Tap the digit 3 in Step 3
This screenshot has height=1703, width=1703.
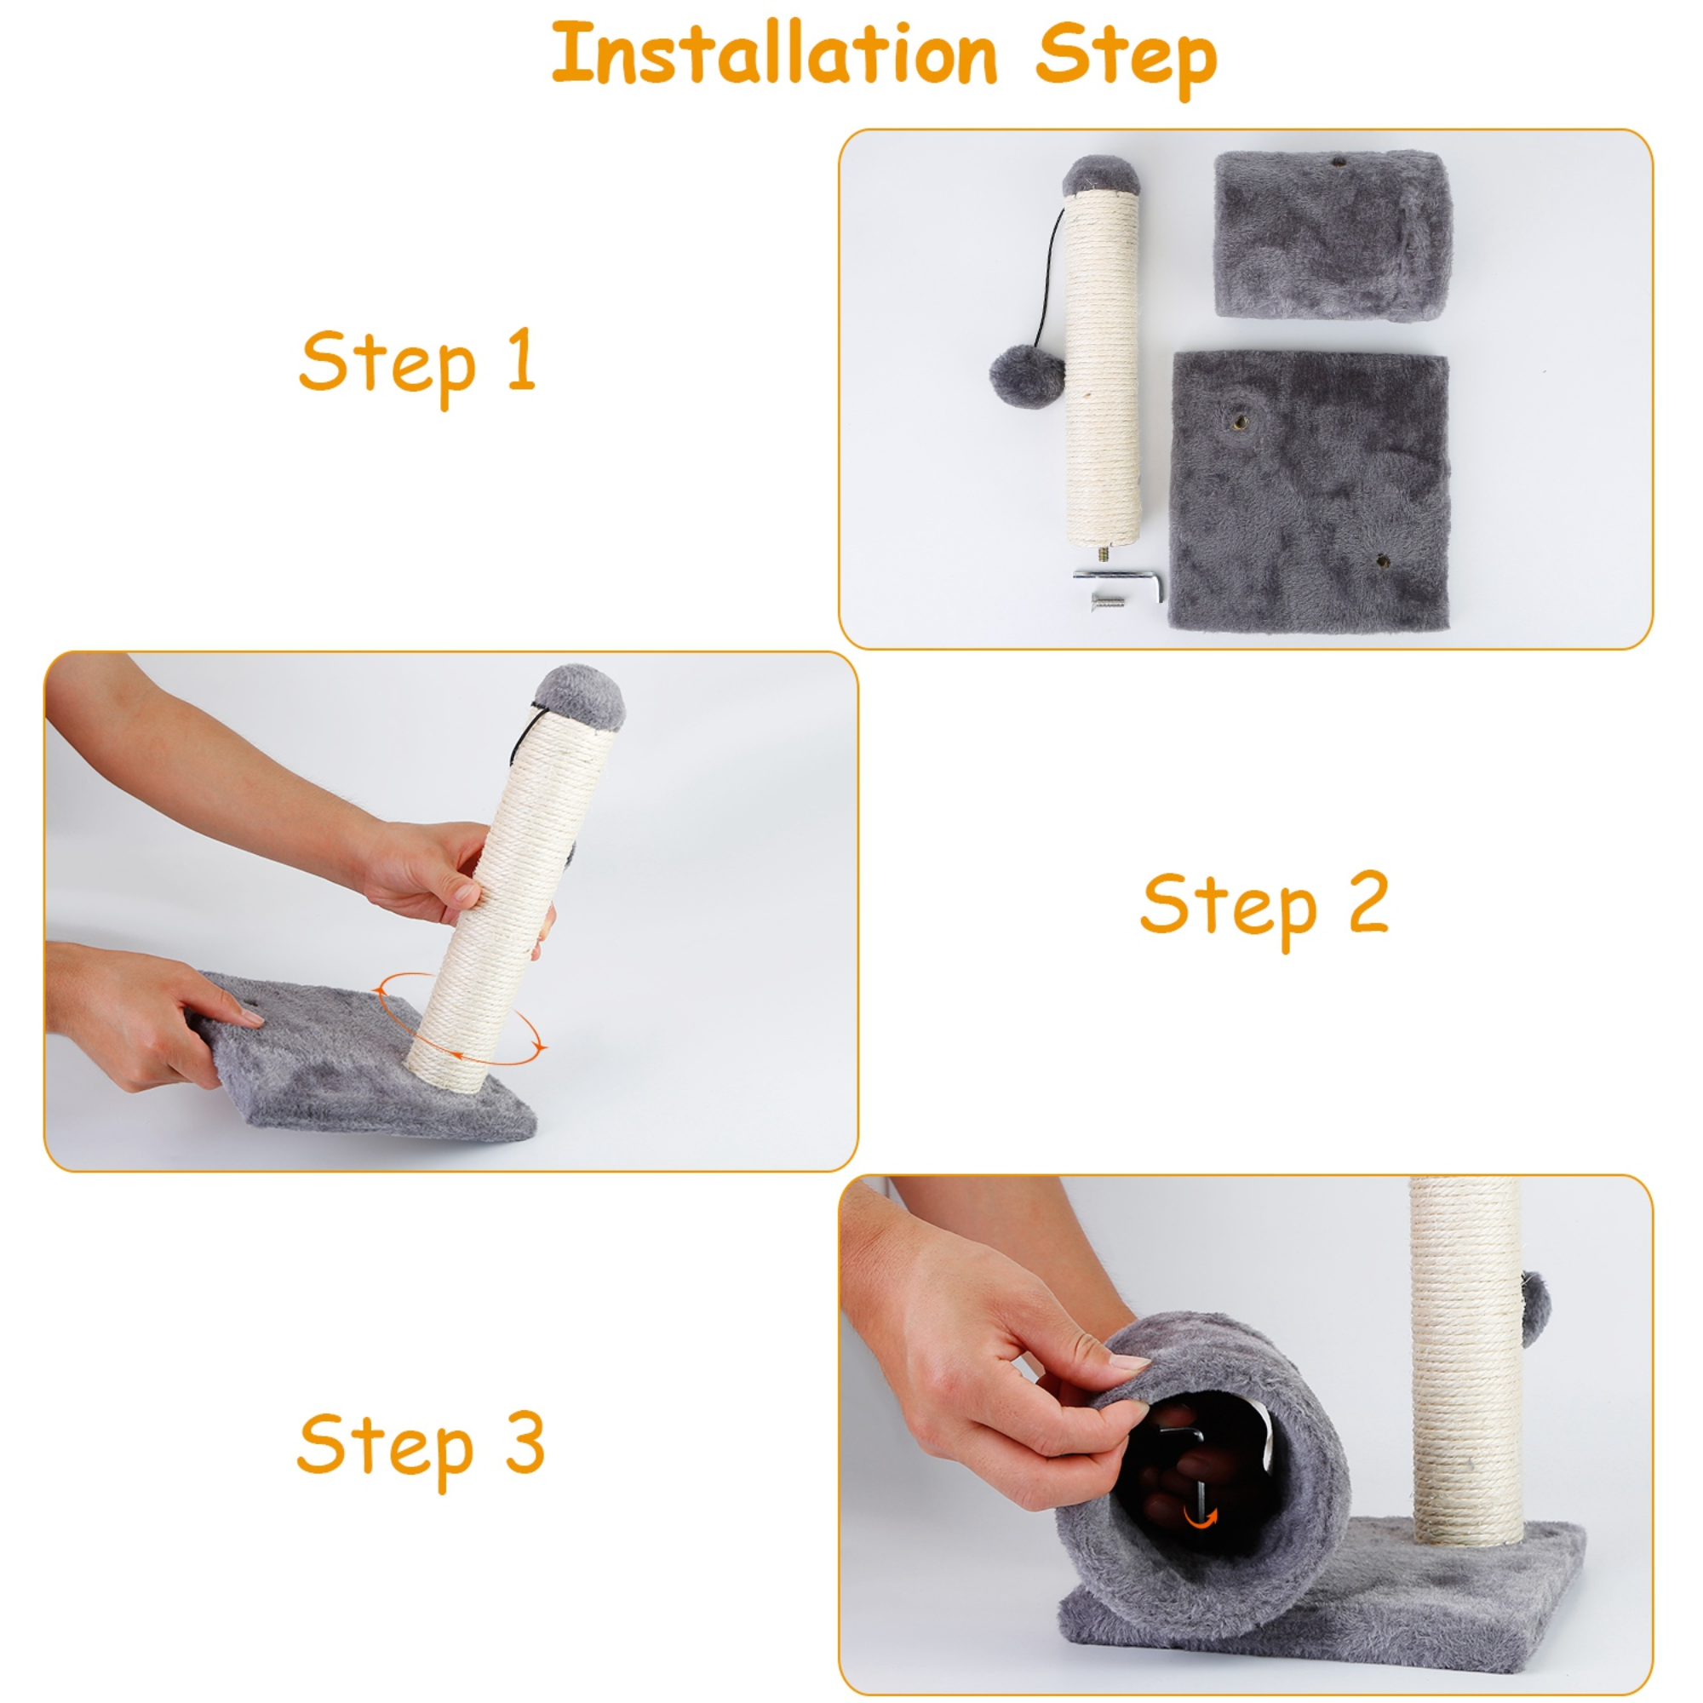525,1442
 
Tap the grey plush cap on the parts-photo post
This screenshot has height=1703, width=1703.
1101,175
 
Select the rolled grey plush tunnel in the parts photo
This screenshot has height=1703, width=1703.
1332,234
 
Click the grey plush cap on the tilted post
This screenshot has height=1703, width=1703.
580,696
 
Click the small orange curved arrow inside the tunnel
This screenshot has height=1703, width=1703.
1200,1517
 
